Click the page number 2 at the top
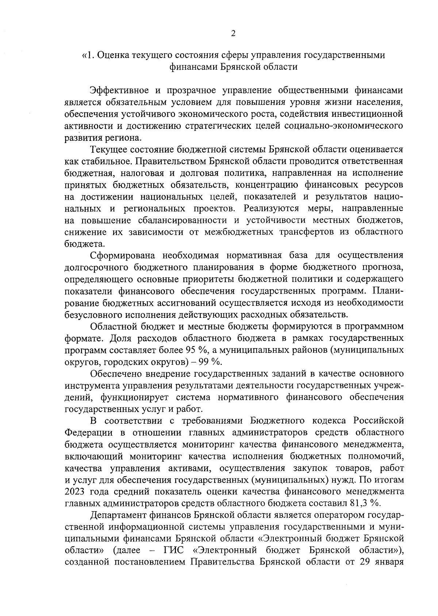233,34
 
